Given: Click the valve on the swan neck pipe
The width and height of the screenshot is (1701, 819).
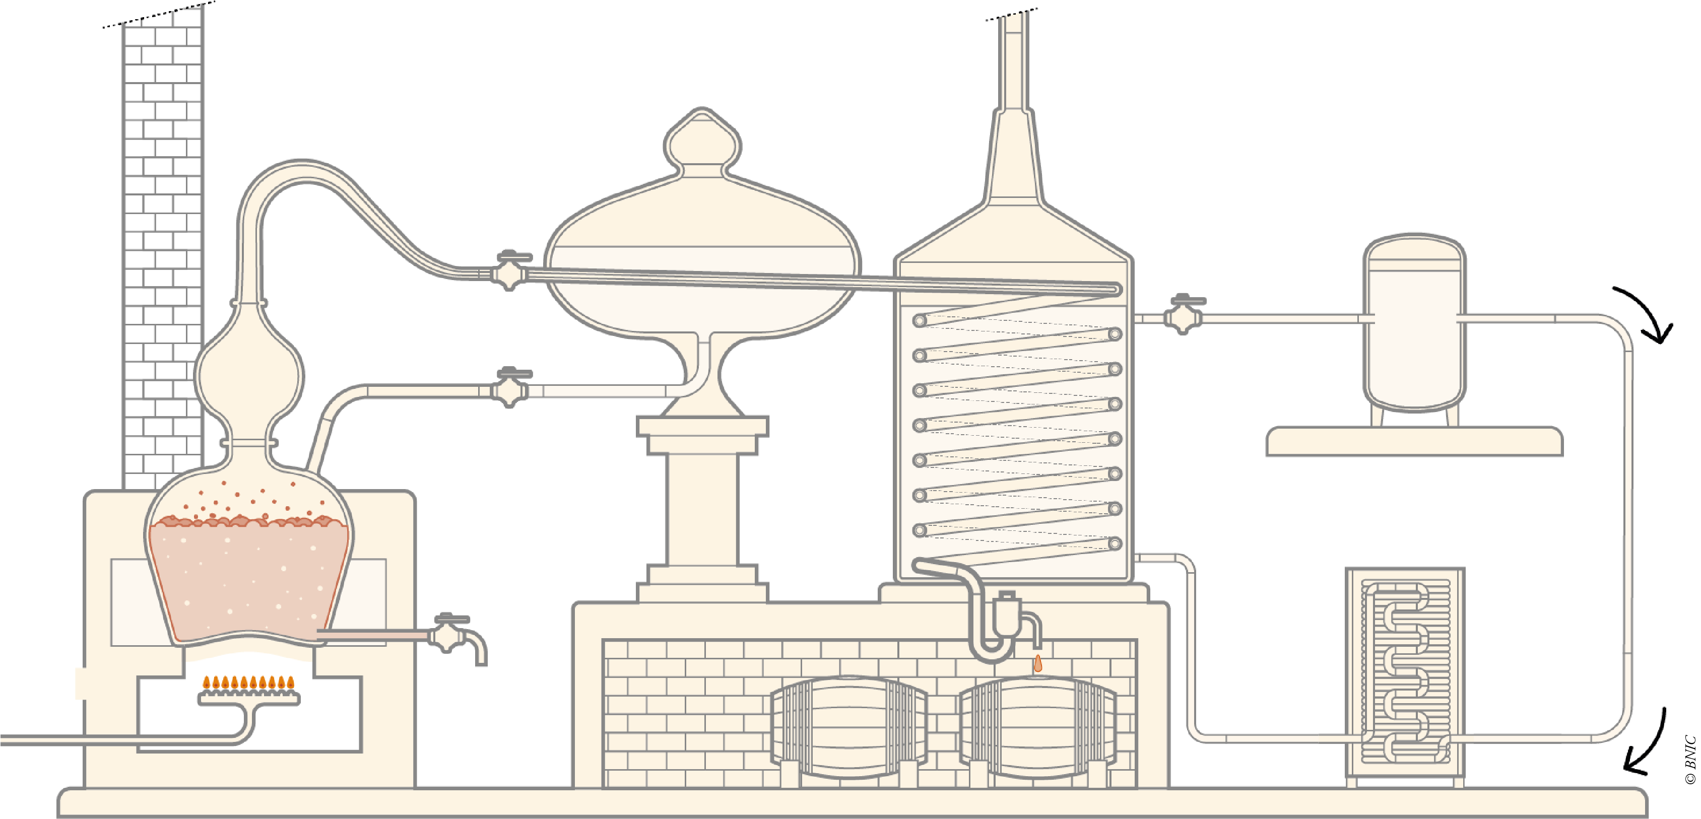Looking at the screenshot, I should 509,270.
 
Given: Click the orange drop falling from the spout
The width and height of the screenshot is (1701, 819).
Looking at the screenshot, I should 1037,663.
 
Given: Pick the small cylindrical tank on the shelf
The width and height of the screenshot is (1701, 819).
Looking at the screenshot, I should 1414,323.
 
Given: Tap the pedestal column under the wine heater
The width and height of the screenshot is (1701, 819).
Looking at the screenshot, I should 702,508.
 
